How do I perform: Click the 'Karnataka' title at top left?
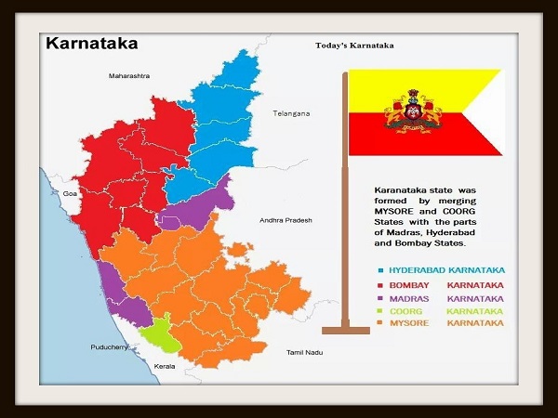pyautogui.click(x=91, y=43)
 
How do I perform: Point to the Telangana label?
pyautogui.click(x=289, y=113)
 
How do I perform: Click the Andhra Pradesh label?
pyautogui.click(x=286, y=220)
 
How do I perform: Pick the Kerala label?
pyautogui.click(x=164, y=367)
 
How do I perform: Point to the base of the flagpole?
pyautogui.click(x=345, y=330)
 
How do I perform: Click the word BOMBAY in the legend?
pyautogui.click(x=407, y=283)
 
